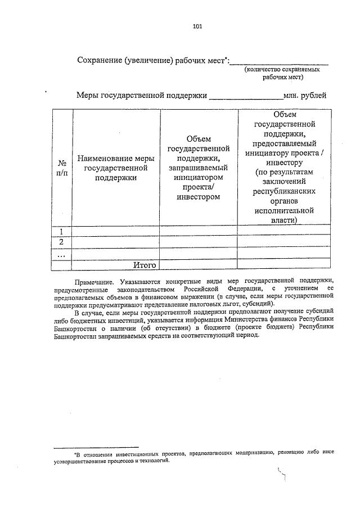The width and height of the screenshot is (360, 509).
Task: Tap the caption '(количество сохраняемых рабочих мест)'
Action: coord(282,74)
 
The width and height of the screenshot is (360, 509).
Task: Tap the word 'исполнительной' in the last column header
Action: coord(283,210)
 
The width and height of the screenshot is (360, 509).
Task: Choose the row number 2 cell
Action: coord(62,242)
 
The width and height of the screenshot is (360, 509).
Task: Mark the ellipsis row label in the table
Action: coord(62,254)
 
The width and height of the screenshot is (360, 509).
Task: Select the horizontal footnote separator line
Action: coord(96,447)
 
